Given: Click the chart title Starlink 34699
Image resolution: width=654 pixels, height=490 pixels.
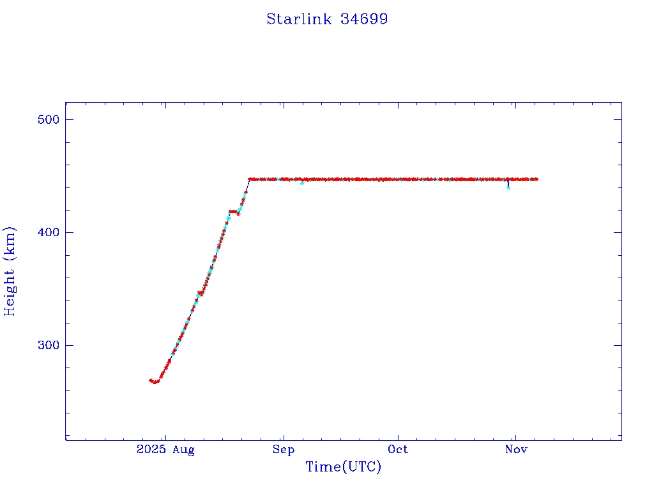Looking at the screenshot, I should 327,19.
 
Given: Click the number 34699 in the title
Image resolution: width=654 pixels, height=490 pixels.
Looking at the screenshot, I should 364,19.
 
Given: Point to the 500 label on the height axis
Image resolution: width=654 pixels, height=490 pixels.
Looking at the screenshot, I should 47,120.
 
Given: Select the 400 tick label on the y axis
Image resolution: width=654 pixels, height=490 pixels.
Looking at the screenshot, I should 47,232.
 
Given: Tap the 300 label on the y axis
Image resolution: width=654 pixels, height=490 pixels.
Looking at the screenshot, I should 47,345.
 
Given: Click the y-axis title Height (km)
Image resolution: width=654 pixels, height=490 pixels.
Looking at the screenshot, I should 10,271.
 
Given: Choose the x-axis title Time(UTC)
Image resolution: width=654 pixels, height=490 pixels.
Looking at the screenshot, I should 343,467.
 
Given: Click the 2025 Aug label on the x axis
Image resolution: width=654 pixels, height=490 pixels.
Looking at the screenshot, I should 165,450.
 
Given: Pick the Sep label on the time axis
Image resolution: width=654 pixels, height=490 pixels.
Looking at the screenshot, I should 283,450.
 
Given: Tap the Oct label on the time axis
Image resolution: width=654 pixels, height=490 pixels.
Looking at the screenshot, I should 398,450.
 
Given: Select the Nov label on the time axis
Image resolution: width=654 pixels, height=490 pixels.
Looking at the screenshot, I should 515,450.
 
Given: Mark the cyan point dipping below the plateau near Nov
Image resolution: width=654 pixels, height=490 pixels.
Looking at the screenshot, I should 508,187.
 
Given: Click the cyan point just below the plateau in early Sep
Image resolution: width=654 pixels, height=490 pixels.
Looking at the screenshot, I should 301,183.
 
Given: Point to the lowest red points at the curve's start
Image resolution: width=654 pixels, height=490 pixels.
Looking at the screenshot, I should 154,382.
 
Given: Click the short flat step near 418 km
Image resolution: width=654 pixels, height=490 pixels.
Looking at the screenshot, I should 234,211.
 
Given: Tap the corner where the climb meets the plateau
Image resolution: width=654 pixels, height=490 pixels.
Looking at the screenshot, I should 250,179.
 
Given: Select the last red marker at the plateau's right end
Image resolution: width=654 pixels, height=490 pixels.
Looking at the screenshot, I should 536,179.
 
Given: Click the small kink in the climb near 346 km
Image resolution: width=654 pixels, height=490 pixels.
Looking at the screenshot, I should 201,293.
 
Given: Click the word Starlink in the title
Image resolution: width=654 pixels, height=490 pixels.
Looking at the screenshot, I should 299,19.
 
